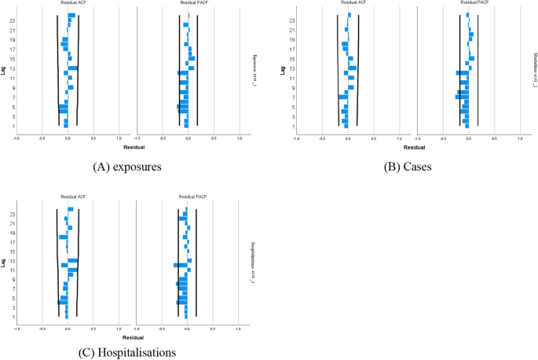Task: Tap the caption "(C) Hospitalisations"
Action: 127,353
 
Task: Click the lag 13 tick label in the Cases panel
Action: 291,68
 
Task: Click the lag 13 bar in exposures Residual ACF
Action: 72,68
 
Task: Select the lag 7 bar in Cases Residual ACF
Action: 342,97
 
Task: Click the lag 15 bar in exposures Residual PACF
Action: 191,58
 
